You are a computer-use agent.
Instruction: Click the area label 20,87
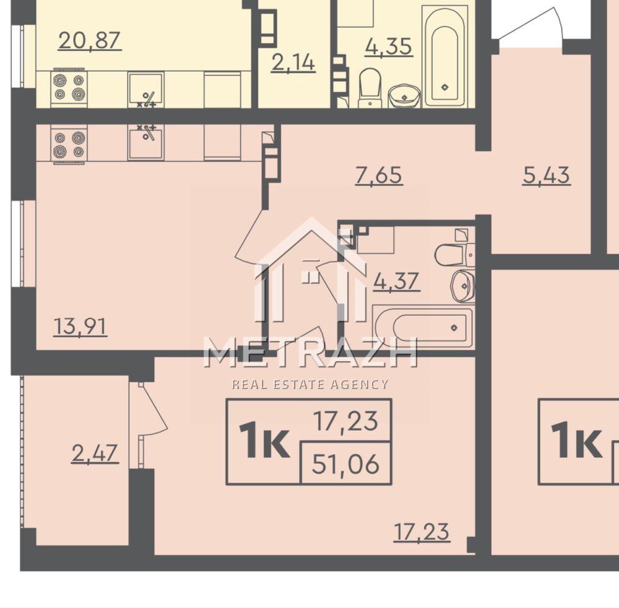coord(90,41)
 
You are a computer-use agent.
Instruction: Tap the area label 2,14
coord(293,63)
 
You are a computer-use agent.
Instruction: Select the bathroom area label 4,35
coord(389,46)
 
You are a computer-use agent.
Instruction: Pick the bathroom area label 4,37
coord(396,281)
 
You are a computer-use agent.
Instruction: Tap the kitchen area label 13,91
coord(80,327)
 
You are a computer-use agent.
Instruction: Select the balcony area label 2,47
coord(95,453)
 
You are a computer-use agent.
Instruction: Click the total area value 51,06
coord(345,464)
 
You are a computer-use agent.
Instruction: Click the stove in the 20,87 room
coord(69,88)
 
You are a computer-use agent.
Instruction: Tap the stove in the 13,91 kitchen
coord(69,143)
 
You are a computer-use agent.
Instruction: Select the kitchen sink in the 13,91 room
coord(145,142)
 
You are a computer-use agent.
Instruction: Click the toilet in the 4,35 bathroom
coord(370,88)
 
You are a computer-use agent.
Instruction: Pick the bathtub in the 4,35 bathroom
coord(444,57)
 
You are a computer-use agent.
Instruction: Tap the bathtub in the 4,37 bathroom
coord(423,327)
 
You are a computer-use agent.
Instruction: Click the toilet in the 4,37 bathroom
coord(454,254)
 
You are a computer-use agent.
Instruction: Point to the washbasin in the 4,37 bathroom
coord(462,286)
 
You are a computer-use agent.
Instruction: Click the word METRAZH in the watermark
coord(310,353)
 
